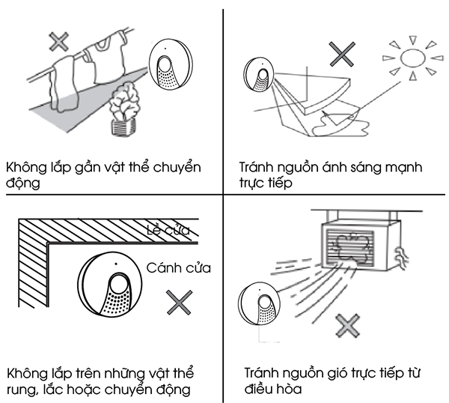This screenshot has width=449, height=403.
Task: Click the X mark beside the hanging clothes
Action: pos(58,41)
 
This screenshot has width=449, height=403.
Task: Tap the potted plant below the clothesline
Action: pos(124,109)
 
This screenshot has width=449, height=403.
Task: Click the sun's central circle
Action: pos(412,58)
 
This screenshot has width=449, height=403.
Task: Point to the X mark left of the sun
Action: pos(342,54)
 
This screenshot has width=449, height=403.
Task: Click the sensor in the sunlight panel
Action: pos(259,74)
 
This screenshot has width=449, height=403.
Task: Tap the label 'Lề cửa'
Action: pos(168,230)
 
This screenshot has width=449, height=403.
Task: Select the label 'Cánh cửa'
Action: pos(179,268)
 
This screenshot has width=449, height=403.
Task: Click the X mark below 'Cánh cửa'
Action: pos(180,303)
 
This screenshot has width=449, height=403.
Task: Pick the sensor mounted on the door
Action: pos(110,285)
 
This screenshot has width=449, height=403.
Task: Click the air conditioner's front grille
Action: pos(350,247)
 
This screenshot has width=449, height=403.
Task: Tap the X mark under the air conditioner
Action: pos(347,326)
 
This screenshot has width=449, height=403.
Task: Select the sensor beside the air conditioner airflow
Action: pos(259,303)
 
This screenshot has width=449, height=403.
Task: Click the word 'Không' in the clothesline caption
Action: pos(26,167)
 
